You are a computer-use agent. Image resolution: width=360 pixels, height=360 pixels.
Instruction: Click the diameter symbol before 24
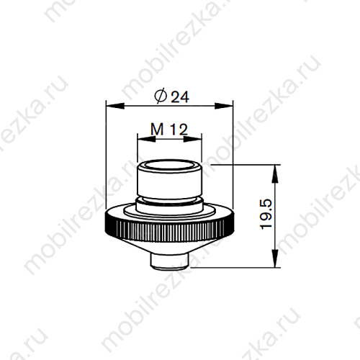click(x=161, y=96)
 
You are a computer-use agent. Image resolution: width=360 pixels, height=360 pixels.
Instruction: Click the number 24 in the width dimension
click(x=180, y=97)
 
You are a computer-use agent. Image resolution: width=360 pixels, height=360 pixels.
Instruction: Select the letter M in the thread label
click(x=157, y=129)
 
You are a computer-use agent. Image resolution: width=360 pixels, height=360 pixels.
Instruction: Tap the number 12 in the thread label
click(x=179, y=130)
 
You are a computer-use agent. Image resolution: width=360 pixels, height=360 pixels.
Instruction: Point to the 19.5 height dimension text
click(x=266, y=215)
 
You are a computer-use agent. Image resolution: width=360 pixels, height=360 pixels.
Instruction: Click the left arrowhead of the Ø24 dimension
click(x=115, y=106)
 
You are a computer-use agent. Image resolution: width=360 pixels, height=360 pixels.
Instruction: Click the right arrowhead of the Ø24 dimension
click(x=224, y=106)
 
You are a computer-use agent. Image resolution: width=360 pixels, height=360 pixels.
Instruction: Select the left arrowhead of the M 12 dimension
click(x=146, y=139)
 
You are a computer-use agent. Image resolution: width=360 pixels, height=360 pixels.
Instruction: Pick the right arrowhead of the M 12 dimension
click(x=192, y=139)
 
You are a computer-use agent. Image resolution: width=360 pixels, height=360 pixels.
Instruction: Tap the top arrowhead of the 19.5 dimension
click(x=275, y=174)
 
